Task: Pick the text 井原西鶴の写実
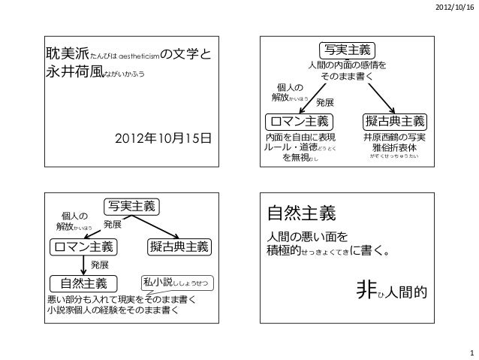click(x=394, y=138)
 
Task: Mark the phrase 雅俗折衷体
click(x=394, y=149)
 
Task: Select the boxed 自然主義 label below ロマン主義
click(x=79, y=283)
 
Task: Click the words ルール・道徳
click(x=285, y=149)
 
